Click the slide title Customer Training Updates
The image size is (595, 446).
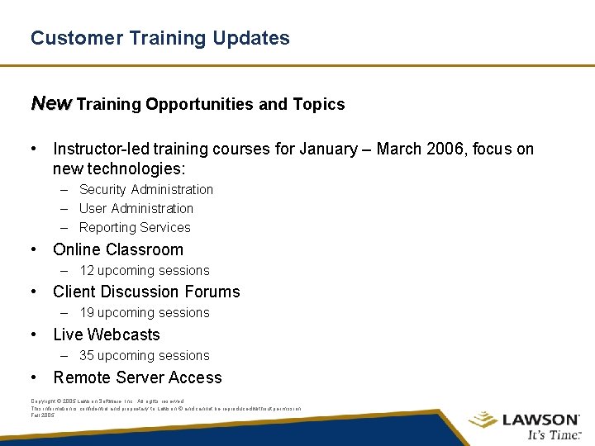pos(159,38)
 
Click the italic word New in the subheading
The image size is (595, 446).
pos(51,103)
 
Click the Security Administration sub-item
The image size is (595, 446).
pos(145,189)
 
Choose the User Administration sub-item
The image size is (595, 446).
pos(136,208)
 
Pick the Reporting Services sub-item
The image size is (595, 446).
pos(135,227)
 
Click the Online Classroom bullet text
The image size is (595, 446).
pos(118,249)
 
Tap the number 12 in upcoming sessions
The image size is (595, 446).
pos(87,270)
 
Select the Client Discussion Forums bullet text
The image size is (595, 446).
pos(146,292)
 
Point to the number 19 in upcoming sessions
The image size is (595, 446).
pos(87,312)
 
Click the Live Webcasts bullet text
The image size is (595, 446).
pos(107,334)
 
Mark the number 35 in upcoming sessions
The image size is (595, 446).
pos(87,355)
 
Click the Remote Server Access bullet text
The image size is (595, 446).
pos(137,377)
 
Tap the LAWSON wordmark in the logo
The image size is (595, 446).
pos(540,419)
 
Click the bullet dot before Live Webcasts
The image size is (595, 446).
pos(34,334)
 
